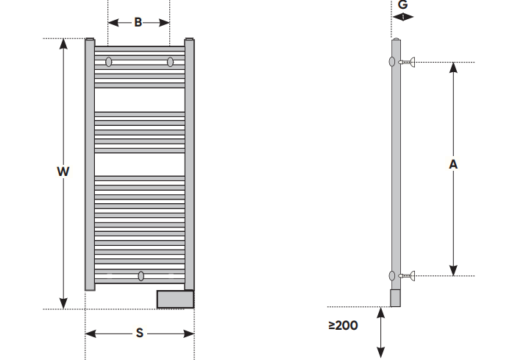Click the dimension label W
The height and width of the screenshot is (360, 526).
[63, 172]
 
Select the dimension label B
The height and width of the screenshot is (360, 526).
[138, 23]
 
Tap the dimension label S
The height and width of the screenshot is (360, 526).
[140, 333]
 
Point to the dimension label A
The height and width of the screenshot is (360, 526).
[453, 164]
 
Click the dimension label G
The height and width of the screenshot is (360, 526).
[402, 4]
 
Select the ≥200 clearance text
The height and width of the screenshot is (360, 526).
[343, 325]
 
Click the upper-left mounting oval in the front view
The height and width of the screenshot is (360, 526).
[109, 62]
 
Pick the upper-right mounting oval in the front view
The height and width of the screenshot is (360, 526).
[170, 62]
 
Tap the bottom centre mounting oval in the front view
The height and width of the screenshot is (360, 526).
[141, 276]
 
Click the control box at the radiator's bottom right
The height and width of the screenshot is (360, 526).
[175, 299]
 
